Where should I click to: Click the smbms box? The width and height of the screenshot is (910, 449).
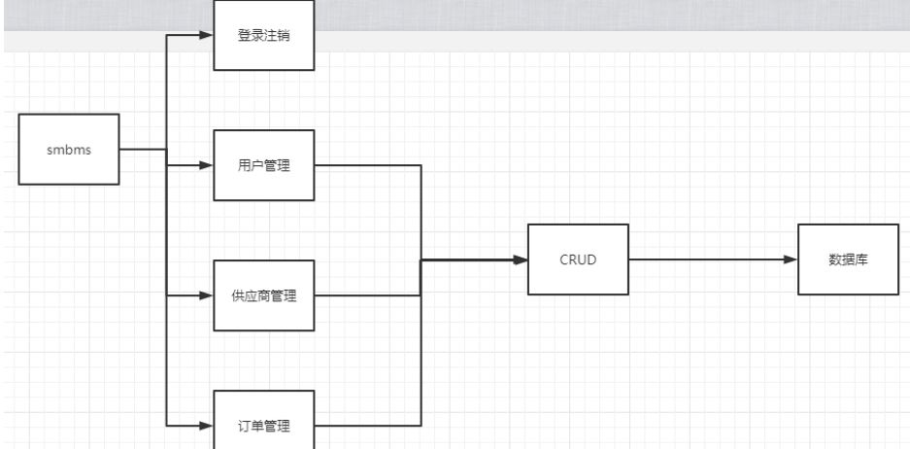click(x=69, y=149)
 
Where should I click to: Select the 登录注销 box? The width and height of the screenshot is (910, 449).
click(x=264, y=35)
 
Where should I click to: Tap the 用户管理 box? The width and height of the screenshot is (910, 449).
click(x=264, y=165)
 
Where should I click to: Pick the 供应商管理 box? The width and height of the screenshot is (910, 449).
click(x=264, y=294)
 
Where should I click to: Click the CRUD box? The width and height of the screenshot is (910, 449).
click(x=578, y=259)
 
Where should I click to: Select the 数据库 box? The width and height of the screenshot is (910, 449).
click(x=848, y=259)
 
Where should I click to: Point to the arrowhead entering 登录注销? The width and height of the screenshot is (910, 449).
click(x=205, y=35)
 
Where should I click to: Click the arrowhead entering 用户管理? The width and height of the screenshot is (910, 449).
click(x=205, y=165)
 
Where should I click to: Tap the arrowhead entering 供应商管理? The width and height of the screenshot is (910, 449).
click(x=205, y=294)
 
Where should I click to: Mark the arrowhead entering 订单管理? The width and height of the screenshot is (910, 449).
click(x=205, y=425)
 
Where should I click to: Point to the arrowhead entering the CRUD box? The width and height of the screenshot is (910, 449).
click(x=520, y=259)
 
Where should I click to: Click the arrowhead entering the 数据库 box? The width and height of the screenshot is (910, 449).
click(x=791, y=259)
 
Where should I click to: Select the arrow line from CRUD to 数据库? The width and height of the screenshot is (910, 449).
click(x=709, y=259)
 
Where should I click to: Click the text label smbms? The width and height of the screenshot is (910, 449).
click(x=69, y=150)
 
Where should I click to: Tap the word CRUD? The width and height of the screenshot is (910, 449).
click(x=578, y=260)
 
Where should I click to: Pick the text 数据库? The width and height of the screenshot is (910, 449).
click(x=848, y=260)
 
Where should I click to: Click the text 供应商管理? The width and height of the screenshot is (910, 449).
click(x=264, y=295)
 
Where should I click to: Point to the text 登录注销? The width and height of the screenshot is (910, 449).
click(x=264, y=36)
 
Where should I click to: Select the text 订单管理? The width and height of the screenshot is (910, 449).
click(x=264, y=426)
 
